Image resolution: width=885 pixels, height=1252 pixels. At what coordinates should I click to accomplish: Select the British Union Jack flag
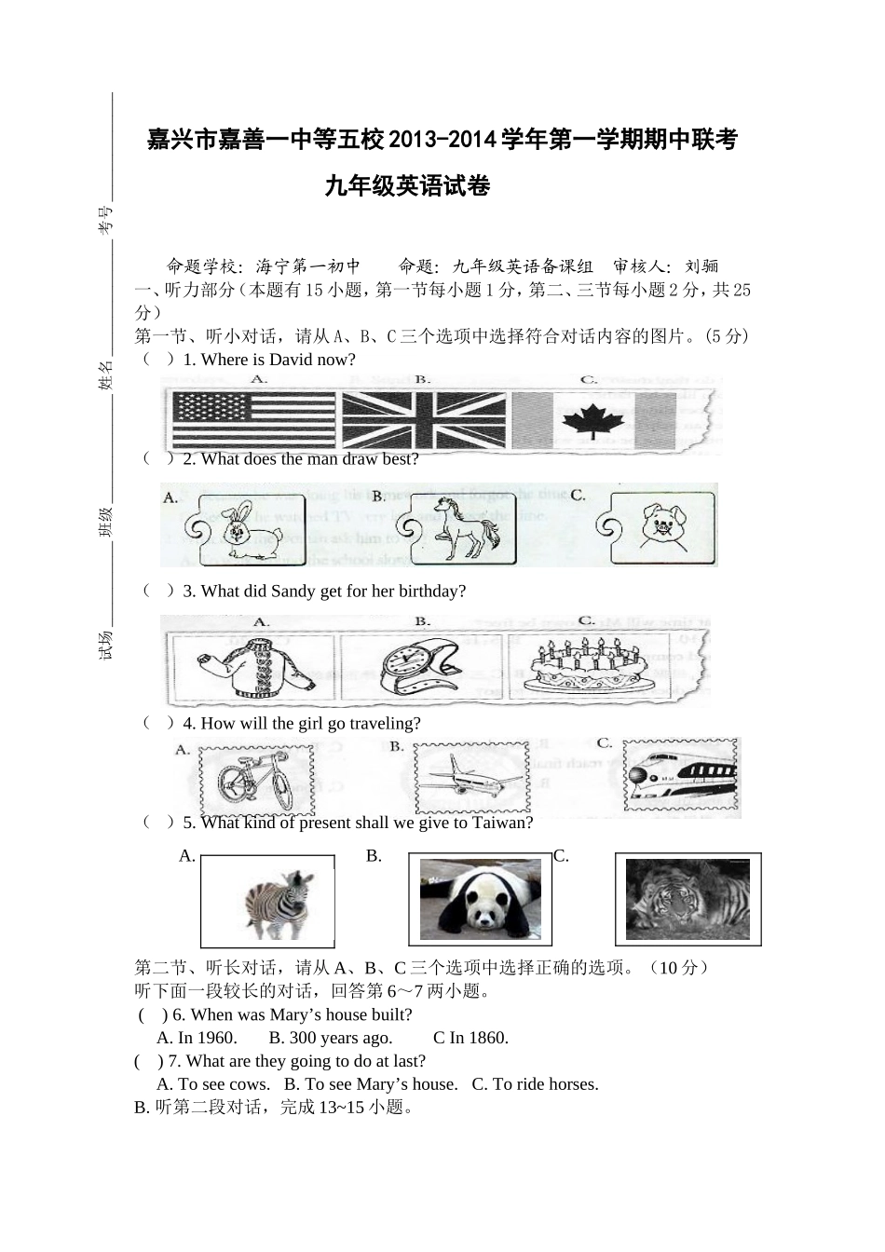click(424, 420)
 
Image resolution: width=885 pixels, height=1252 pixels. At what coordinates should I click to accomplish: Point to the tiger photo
click(688, 899)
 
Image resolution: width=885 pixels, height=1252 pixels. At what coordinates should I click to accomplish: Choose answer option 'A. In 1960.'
click(197, 1038)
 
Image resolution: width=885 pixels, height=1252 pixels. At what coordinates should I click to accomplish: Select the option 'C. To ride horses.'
click(535, 1083)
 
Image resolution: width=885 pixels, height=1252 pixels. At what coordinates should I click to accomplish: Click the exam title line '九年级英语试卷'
click(407, 186)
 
